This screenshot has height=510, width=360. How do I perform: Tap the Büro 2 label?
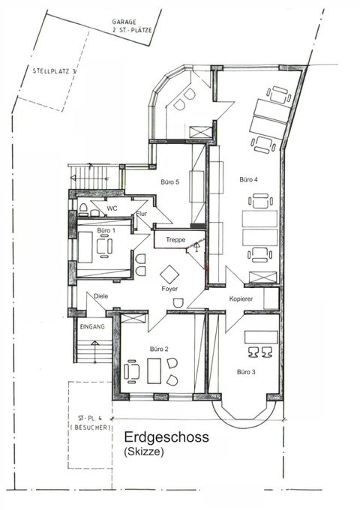159,349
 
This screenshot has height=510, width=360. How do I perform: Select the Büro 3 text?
246,372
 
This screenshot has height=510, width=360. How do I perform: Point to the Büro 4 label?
249,179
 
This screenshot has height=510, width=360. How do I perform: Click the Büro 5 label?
169,181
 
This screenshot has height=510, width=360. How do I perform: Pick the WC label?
112,208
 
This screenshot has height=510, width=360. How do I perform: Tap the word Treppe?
175,240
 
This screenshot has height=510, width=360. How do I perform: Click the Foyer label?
169,289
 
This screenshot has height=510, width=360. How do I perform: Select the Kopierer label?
241,298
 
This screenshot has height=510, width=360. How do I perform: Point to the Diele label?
100,296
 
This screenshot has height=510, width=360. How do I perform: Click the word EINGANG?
92,326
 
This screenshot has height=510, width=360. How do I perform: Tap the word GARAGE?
124,22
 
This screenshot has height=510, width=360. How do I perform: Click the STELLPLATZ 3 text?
54,71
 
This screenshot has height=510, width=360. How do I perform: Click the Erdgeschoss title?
166,436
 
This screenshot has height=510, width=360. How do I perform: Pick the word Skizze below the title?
144,451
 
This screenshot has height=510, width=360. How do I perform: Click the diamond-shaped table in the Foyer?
169,274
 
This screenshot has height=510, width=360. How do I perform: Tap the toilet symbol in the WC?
83,208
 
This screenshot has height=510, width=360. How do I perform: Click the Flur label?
142,214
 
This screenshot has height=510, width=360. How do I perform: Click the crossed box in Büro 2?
133,318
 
